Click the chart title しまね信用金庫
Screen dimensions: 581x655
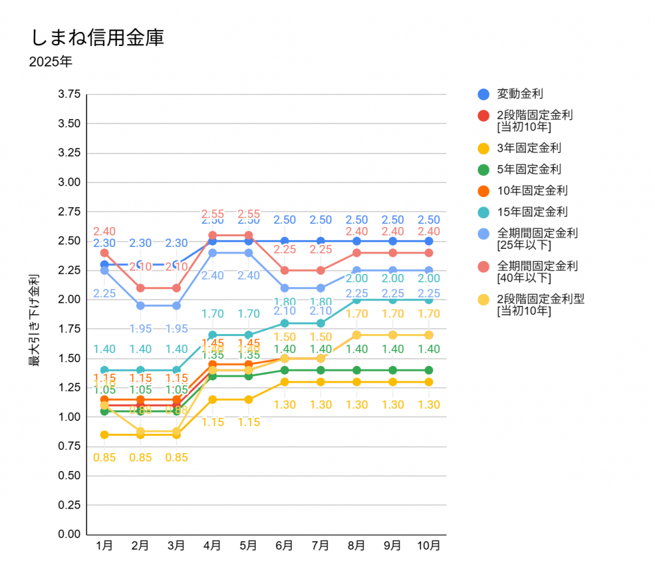pyautogui.click(x=97, y=37)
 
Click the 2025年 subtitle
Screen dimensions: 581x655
pyautogui.click(x=51, y=63)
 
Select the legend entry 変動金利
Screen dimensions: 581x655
pyautogui.click(x=519, y=94)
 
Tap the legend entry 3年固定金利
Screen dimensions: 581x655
pyautogui.click(x=528, y=148)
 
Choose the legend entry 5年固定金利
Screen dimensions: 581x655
pyautogui.click(x=528, y=170)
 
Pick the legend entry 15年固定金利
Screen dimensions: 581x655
pyautogui.click(x=532, y=212)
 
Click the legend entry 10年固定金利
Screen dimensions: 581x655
pyautogui.click(x=532, y=191)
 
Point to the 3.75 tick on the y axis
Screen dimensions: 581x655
pyautogui.click(x=69, y=94)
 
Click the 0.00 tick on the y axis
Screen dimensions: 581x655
pyautogui.click(x=69, y=534)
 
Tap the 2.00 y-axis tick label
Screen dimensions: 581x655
pyautogui.click(x=69, y=299)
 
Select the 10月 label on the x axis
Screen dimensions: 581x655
pyautogui.click(x=429, y=546)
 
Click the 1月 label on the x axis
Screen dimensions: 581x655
pyautogui.click(x=104, y=546)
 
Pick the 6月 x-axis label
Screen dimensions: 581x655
pyautogui.click(x=285, y=546)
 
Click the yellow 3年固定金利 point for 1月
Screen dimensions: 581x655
pyautogui.click(x=104, y=434)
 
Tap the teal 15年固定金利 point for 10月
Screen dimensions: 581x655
pyautogui.click(x=429, y=299)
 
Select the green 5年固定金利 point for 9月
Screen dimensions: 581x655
pyautogui.click(x=393, y=370)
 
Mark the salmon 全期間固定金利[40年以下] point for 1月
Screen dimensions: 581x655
pyautogui.click(x=104, y=253)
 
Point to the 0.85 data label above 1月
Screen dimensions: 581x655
pyautogui.click(x=104, y=458)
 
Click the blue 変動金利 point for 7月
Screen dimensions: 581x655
pyautogui.click(x=320, y=241)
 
